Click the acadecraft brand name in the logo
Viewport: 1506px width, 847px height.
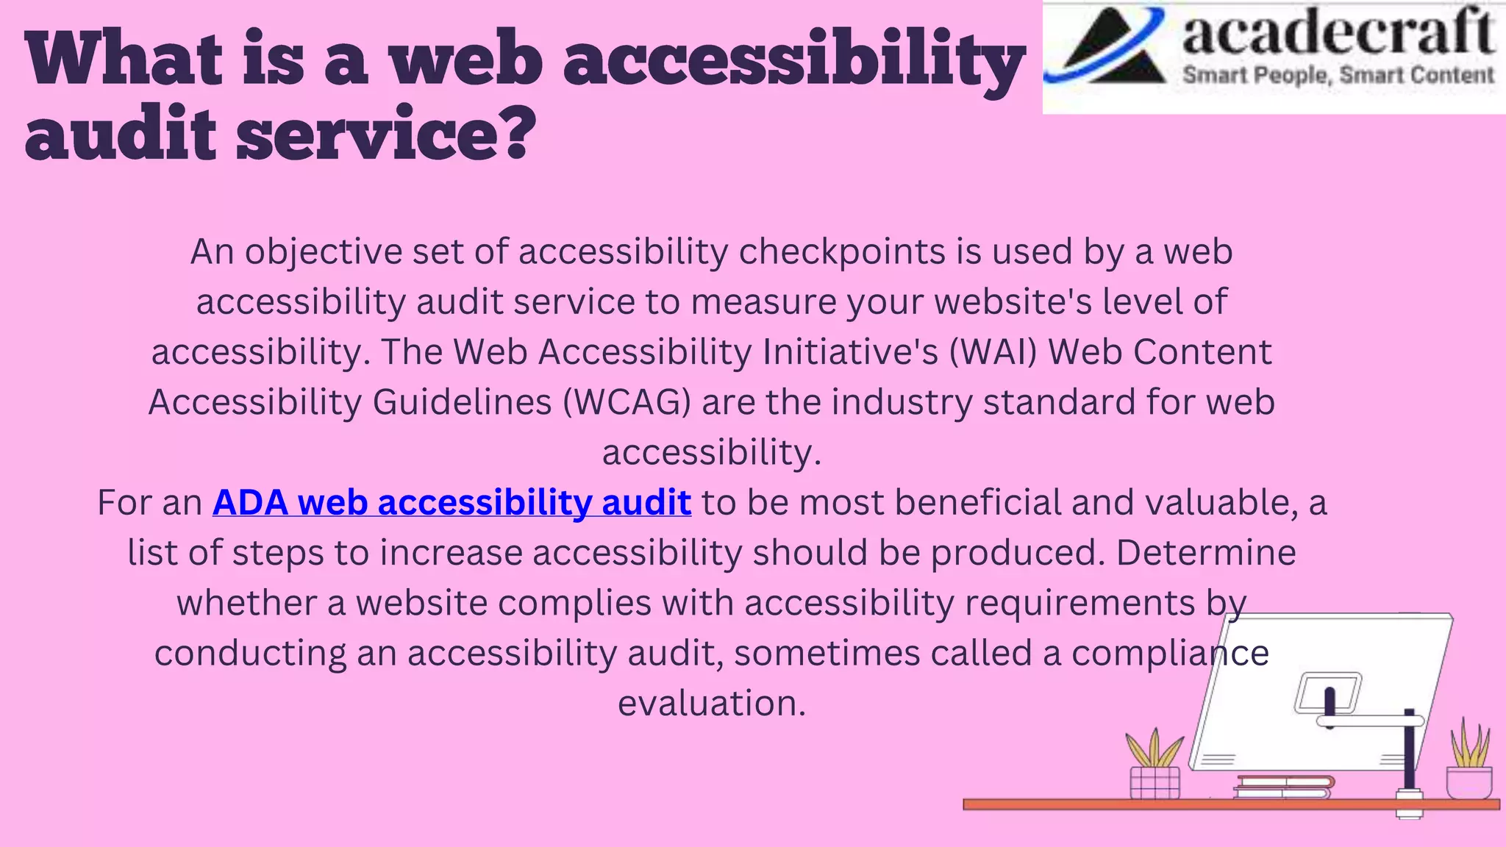(1338, 34)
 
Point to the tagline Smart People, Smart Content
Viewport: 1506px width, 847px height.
(1338, 75)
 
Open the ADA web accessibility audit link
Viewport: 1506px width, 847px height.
(452, 503)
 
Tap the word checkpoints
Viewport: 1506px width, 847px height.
(842, 252)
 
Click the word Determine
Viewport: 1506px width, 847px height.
(1206, 553)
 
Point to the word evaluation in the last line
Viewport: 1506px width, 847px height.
(711, 703)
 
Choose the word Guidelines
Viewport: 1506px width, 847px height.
(462, 402)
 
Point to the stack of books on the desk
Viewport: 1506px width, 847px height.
(1284, 787)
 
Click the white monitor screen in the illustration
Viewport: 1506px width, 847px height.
(1316, 691)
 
